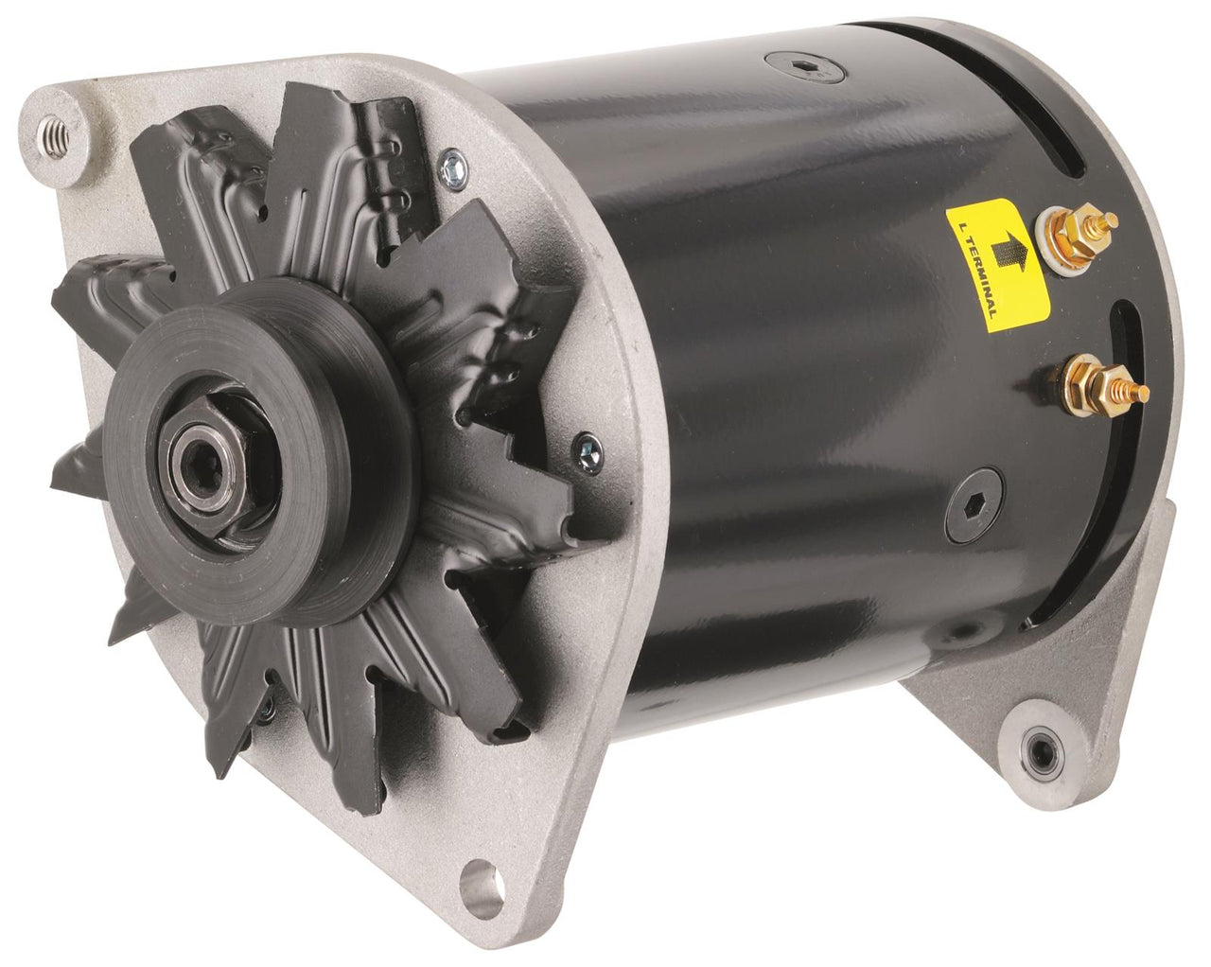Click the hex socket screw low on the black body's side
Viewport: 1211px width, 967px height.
click(x=972, y=493)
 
